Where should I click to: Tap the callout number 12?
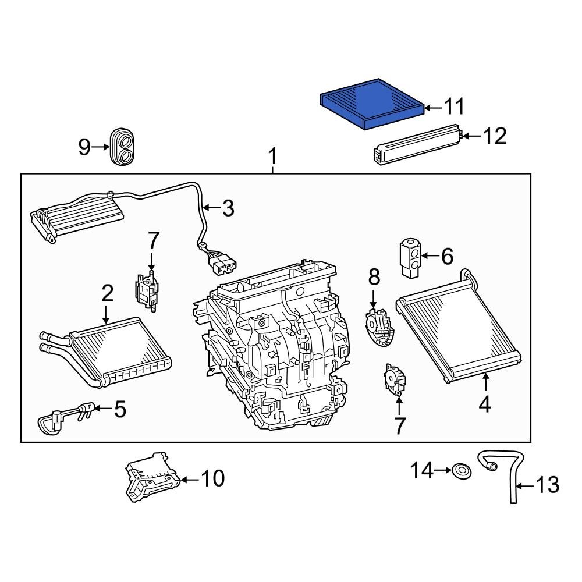[x=495, y=136]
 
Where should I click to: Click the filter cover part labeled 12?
[x=414, y=145]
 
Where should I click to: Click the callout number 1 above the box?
[x=272, y=157]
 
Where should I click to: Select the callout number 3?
[x=228, y=208]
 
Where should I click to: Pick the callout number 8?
[x=373, y=277]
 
